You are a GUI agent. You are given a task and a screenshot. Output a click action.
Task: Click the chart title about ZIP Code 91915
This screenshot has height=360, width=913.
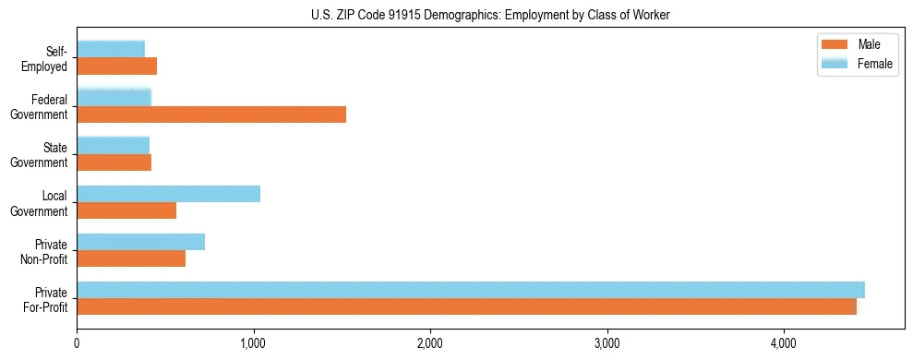456,14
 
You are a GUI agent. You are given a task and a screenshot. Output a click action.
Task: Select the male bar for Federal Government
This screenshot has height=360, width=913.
211,114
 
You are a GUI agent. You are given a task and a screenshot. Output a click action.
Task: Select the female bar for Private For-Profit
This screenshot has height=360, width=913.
471,289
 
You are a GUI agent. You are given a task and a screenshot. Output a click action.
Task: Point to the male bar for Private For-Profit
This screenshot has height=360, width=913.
466,306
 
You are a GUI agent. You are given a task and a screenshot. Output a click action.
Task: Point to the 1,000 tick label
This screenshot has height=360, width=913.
253,343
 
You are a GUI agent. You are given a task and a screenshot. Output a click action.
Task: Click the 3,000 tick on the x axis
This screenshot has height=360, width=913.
607,343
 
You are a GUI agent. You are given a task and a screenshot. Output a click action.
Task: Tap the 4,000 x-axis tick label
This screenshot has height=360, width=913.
783,343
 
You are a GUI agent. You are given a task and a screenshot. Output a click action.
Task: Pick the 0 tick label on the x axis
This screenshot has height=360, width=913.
77,343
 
